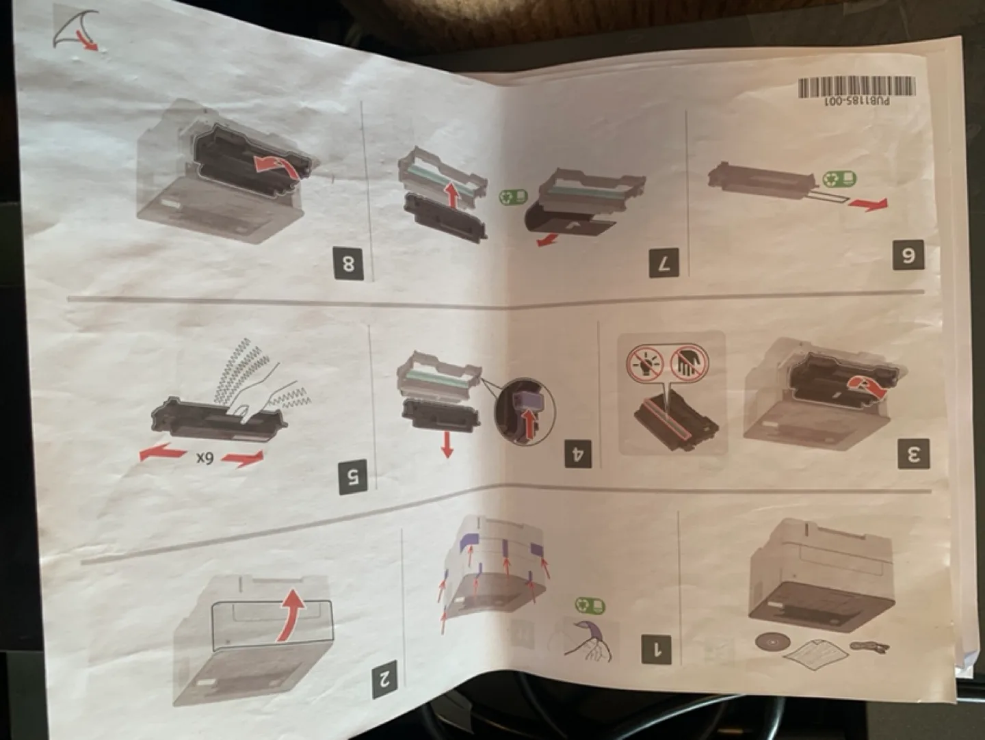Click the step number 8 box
pos(349,263)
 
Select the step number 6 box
pos(908,255)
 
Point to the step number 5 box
pos(353,476)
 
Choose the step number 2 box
pos(384,680)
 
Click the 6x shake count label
pos(205,458)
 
